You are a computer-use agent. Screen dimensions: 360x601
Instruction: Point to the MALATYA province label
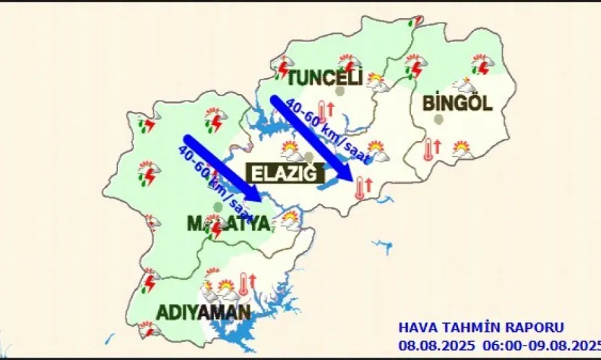[x=228, y=224]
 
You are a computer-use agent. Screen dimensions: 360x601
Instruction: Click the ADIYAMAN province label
[x=204, y=313]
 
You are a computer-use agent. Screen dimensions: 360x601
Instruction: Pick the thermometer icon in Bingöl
[x=429, y=148]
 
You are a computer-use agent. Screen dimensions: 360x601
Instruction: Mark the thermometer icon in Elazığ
[x=360, y=187]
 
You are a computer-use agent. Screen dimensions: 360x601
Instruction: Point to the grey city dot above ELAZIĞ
[x=308, y=156]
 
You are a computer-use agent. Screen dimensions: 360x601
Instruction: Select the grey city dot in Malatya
[x=217, y=207]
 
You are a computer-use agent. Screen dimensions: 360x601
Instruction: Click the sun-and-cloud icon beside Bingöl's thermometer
[x=462, y=150]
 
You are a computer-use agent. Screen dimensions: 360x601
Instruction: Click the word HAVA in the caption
[x=417, y=327]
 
